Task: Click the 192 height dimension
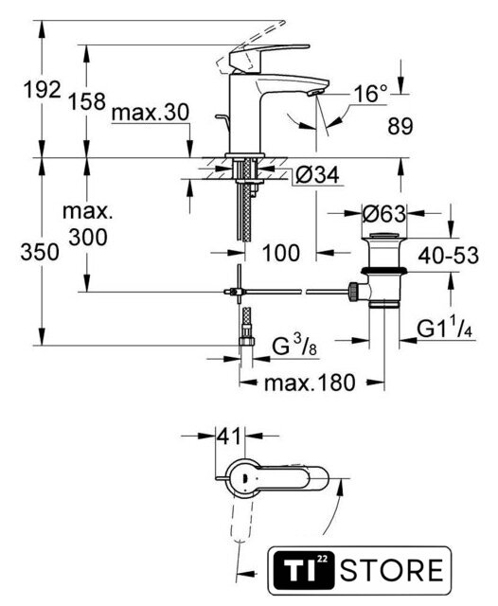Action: (43, 90)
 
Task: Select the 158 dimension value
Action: (87, 101)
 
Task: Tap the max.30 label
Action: (151, 113)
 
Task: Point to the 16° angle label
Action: (370, 94)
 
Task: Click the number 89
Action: (400, 126)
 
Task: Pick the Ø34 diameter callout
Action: (317, 174)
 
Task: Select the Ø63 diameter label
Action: (384, 213)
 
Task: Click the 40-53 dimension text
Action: (448, 255)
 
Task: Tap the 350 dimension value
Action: (40, 252)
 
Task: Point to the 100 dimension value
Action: (281, 253)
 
